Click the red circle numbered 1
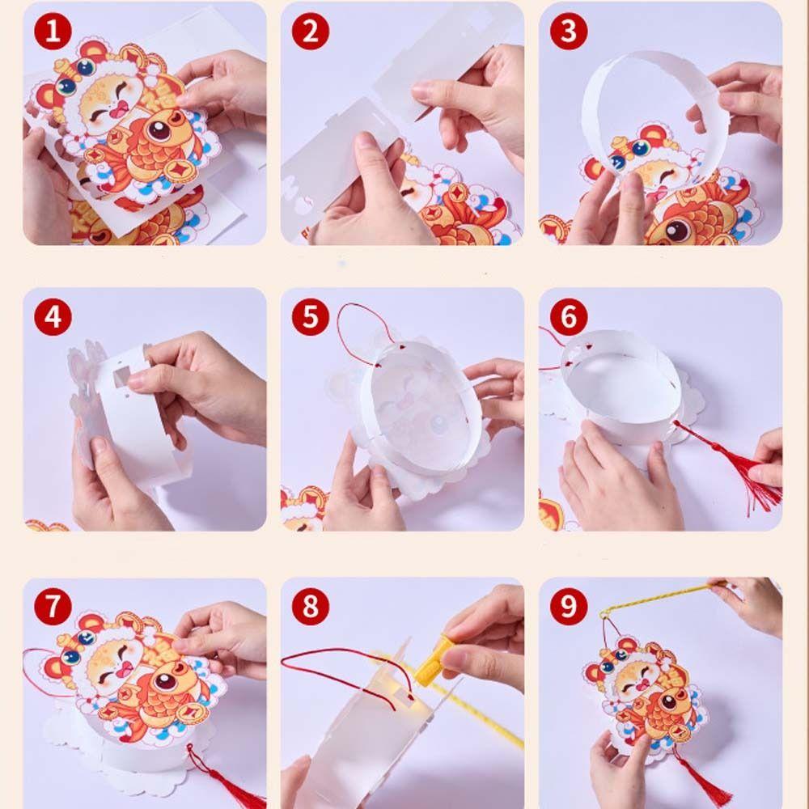pos(53,32)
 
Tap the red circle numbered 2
pos(310,32)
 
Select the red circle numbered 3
pos(569,32)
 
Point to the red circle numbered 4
pos(53,317)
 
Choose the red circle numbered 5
pos(310,317)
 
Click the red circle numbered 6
pos(569,317)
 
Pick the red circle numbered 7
pos(53,606)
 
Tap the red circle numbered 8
pos(310,606)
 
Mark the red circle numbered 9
pos(569,606)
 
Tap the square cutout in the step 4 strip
pos(122,378)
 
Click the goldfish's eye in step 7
pos(166,682)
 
